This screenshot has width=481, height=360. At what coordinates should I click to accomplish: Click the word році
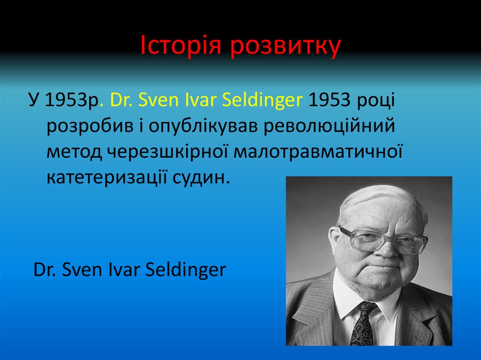point(375,100)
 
